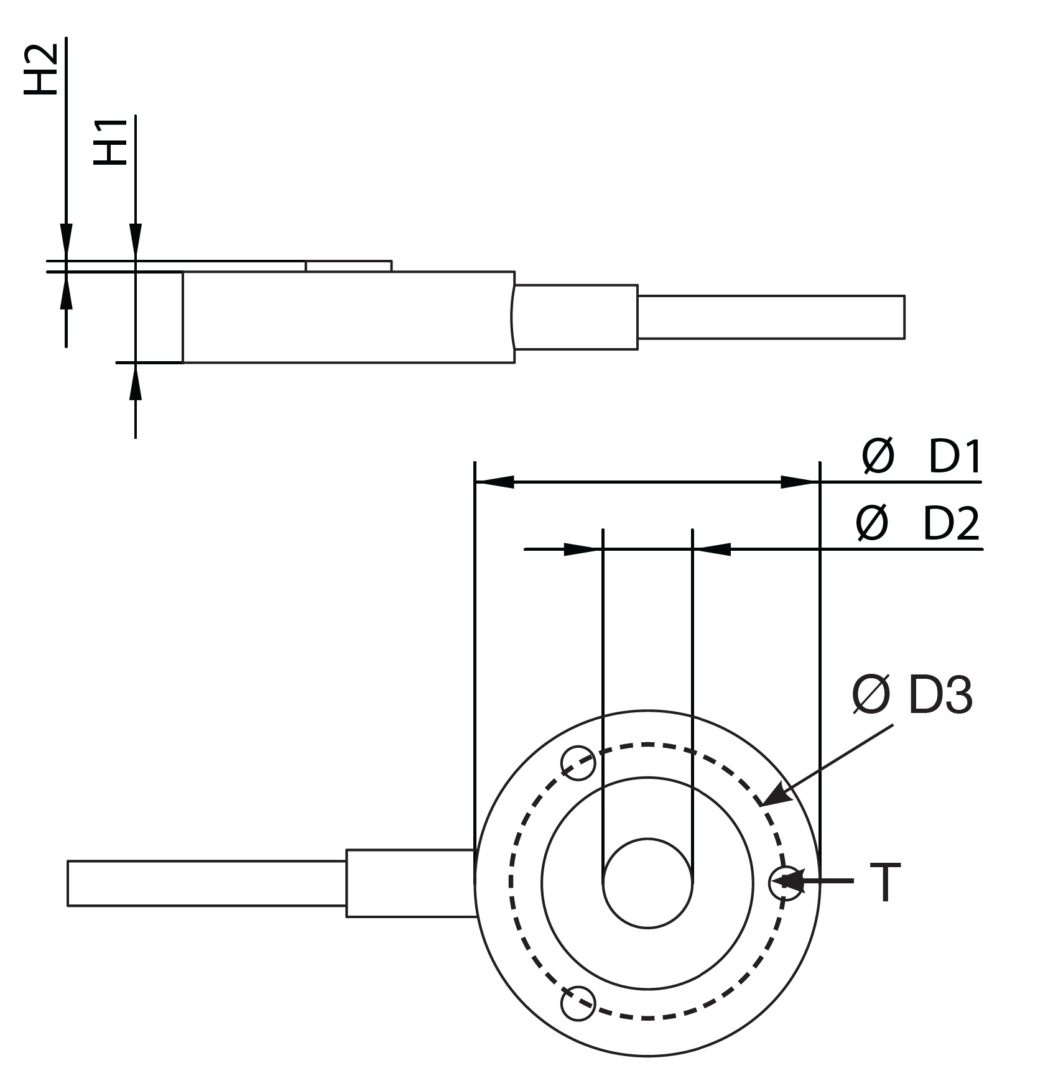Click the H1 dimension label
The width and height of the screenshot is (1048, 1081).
pos(110,142)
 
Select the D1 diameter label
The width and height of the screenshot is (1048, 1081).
pos(954,458)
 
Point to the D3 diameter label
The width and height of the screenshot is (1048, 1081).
pos(940,695)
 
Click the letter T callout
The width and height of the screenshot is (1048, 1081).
pos(884,881)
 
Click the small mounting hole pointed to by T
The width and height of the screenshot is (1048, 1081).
pos(786,881)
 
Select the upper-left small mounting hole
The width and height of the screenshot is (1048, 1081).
pos(578,762)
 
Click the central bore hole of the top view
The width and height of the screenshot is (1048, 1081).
pos(647,882)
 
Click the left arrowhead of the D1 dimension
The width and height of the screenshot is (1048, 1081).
pos(495,482)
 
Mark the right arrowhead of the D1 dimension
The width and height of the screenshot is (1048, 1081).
pos(800,482)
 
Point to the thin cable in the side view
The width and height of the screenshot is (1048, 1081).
pos(771,317)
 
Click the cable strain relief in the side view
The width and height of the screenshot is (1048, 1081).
pos(576,317)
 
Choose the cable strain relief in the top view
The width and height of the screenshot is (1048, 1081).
pos(410,883)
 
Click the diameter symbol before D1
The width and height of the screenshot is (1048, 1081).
pos(878,458)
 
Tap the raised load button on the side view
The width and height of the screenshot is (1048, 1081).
pos(348,266)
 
